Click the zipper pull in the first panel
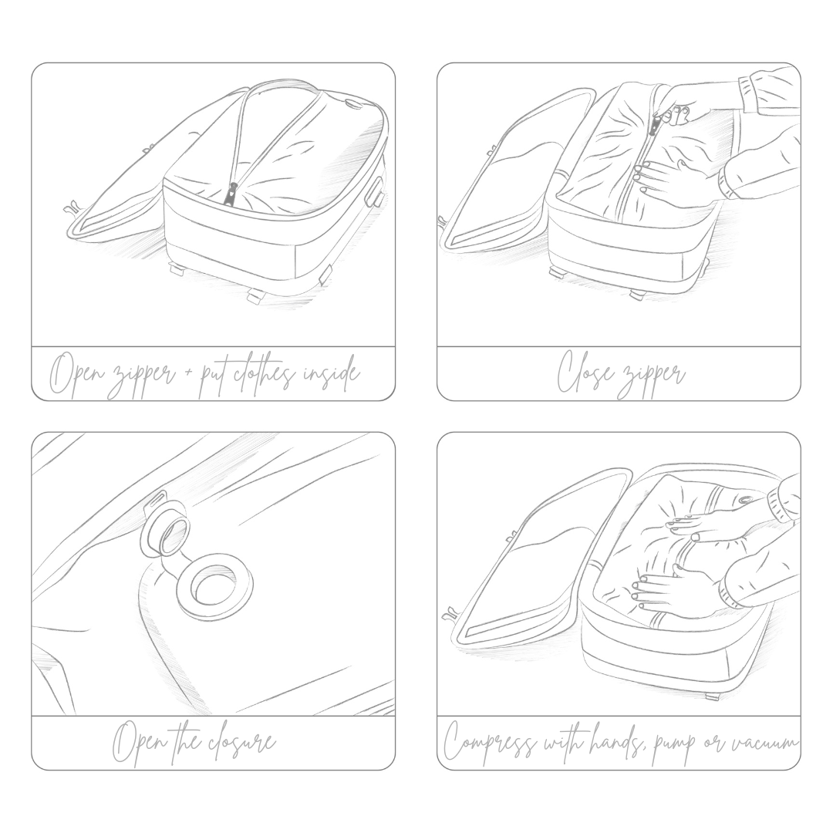233,194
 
